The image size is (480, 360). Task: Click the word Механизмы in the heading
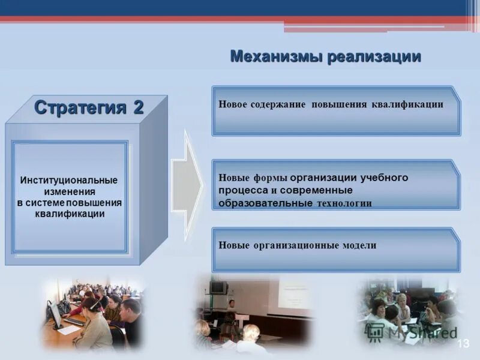click(277, 57)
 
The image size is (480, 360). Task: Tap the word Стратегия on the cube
click(80, 107)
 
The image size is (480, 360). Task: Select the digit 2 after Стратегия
click(138, 107)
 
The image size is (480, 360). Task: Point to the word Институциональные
click(69, 180)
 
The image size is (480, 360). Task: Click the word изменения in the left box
click(69, 191)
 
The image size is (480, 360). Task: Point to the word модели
click(359, 245)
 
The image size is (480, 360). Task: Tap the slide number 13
click(463, 343)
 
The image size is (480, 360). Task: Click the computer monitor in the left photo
click(55, 313)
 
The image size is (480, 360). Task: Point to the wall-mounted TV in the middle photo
click(218, 287)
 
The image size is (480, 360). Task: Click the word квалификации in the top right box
click(407, 104)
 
